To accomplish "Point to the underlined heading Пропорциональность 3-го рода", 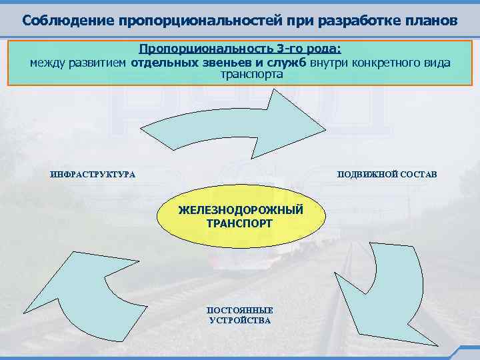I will pos(239,49).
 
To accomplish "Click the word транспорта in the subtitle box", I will pos(251,75).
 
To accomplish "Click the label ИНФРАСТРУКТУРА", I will pos(93,175).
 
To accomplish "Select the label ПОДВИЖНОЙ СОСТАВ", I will pos(387,175).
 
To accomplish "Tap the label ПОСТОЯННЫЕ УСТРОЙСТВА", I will pos(240,315).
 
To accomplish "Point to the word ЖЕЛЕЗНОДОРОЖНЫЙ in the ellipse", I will pos(241,211).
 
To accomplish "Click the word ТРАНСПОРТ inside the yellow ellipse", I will pos(240,223).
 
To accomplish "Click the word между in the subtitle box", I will pos(45,63).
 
